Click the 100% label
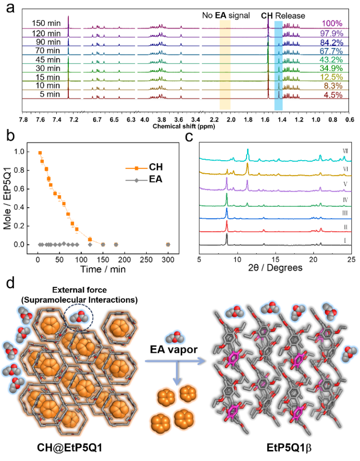point(332,23)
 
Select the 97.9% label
point(331,33)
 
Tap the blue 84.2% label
point(331,42)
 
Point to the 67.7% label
point(331,51)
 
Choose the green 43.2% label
point(331,60)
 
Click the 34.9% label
point(331,69)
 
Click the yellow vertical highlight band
point(225,64)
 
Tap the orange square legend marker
point(136,169)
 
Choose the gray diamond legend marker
point(136,180)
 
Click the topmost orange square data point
point(40,152)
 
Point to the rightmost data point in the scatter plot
point(168,245)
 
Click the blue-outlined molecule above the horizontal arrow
point(175,338)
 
